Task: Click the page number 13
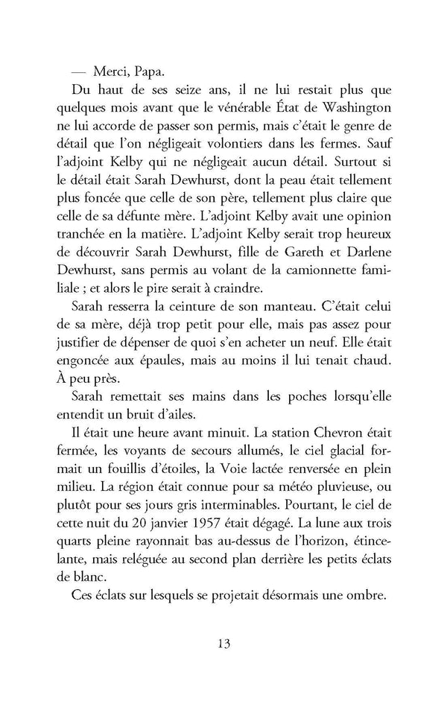click(x=223, y=641)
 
